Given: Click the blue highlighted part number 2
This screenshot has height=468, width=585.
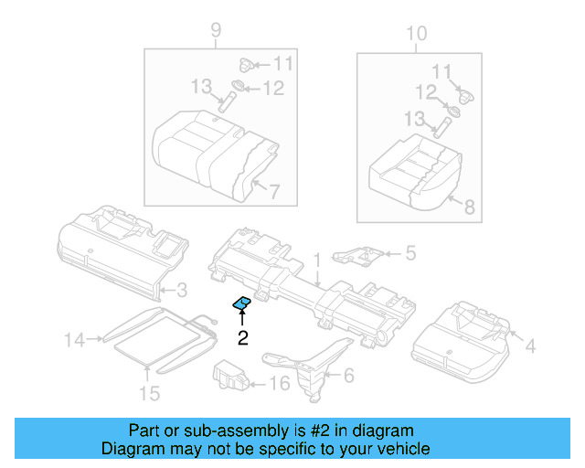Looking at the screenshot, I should (x=243, y=303).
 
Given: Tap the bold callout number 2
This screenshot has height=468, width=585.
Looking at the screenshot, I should (x=243, y=339).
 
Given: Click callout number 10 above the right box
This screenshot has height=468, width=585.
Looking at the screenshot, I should (x=416, y=35).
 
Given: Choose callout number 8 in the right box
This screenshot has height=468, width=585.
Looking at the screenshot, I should (x=470, y=207).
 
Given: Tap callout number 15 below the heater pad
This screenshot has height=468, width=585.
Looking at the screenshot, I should (x=149, y=393).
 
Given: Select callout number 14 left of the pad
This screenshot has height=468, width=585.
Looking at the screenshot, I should (x=74, y=341).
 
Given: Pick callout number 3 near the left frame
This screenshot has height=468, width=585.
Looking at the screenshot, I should (x=181, y=291).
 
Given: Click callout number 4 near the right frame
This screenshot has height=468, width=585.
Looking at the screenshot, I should (x=530, y=346).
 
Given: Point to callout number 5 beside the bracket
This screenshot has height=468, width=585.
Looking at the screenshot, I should (x=410, y=252).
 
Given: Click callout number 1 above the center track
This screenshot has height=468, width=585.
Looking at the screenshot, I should (x=317, y=260).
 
